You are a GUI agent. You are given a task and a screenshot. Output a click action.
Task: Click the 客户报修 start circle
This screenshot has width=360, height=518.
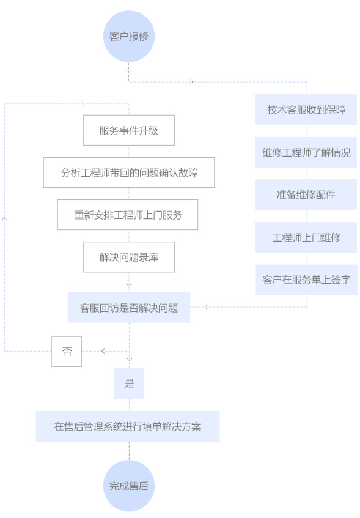click(x=129, y=36)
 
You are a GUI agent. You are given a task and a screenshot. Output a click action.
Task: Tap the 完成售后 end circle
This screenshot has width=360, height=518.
click(x=129, y=486)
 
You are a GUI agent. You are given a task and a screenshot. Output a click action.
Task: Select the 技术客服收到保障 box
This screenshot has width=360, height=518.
click(x=306, y=109)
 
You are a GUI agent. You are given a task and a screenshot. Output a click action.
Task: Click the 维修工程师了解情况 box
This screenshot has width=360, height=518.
click(x=306, y=152)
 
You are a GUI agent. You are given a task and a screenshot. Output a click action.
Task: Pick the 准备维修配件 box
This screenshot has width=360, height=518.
click(x=306, y=194)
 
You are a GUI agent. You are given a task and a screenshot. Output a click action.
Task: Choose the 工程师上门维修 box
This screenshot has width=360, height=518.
click(x=306, y=237)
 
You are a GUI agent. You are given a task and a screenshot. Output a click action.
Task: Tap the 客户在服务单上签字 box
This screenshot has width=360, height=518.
click(x=306, y=280)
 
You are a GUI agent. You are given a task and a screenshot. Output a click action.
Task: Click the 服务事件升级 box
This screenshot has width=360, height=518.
click(x=129, y=130)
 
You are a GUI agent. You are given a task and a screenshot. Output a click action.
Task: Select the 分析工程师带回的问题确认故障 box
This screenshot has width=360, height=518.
click(x=129, y=172)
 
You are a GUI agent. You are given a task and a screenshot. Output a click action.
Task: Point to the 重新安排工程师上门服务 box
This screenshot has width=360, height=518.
click(x=128, y=215)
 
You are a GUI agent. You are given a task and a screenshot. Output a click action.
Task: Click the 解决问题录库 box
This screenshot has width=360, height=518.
click(x=129, y=257)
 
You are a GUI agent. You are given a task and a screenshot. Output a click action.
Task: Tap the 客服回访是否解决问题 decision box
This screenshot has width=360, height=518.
click(x=129, y=307)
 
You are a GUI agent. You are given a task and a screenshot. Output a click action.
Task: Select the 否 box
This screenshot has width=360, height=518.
click(x=67, y=351)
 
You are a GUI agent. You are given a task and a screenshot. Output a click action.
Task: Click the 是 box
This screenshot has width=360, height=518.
click(x=129, y=383)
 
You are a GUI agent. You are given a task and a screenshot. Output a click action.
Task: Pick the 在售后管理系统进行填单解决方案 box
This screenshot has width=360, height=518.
click(x=128, y=426)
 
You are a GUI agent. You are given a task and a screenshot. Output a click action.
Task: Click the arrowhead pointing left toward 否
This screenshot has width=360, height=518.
click(x=103, y=351)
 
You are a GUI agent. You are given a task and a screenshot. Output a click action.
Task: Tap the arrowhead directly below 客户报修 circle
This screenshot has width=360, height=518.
click(x=129, y=72)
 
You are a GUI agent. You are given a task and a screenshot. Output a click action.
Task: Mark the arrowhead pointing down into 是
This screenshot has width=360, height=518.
click(x=130, y=359)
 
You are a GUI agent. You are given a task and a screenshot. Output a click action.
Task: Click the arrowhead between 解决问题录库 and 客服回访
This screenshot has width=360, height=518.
click(x=129, y=285)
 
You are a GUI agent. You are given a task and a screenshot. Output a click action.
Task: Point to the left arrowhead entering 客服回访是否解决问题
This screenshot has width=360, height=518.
click(x=206, y=307)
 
